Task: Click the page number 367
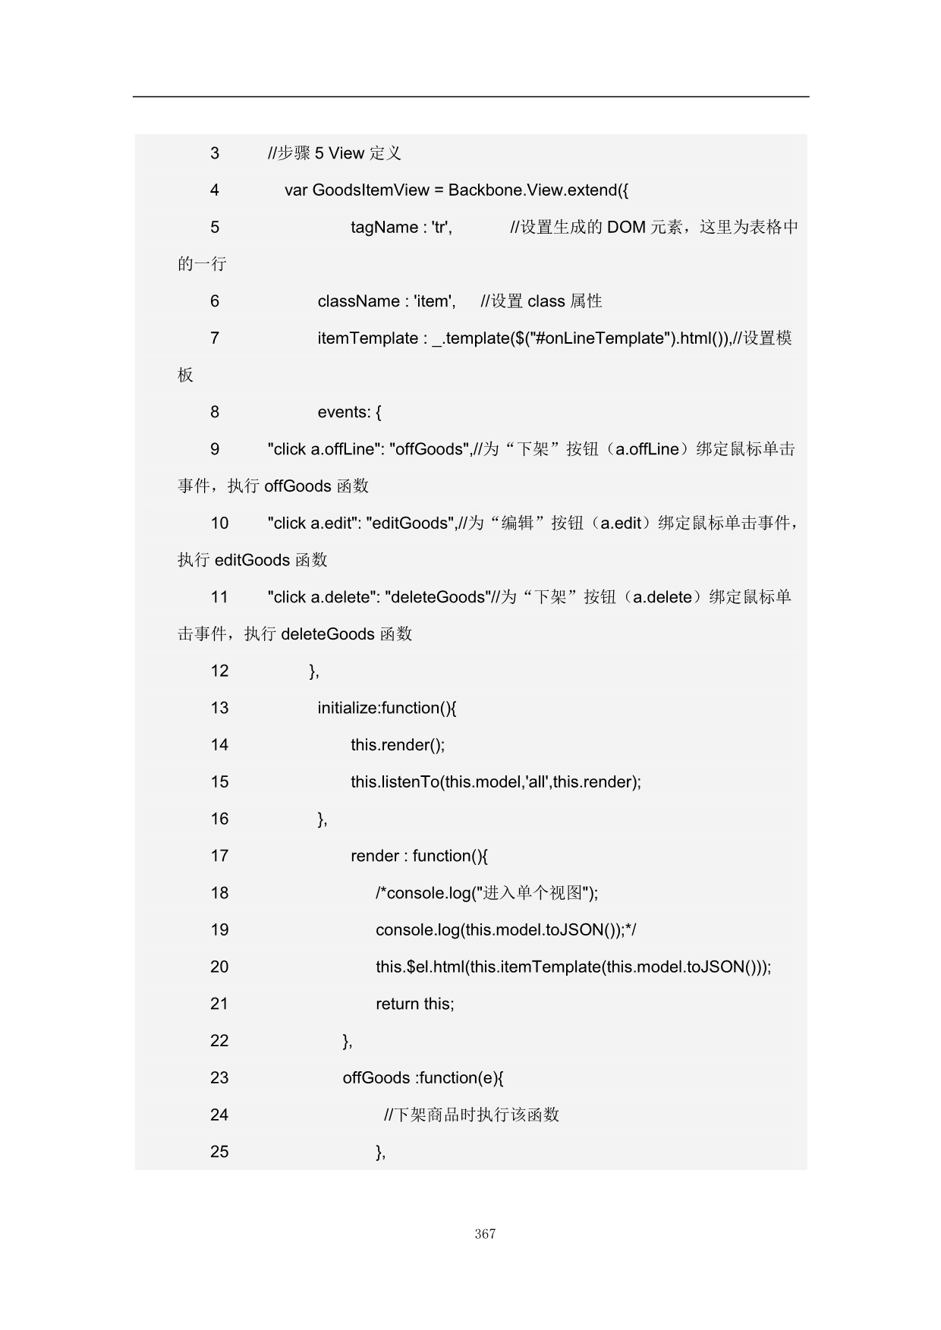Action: click(x=485, y=1234)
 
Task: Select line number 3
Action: click(x=215, y=153)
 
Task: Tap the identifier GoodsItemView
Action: click(x=370, y=190)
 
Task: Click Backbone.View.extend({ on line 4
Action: click(x=538, y=190)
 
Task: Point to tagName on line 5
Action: click(x=384, y=228)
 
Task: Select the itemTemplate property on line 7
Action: click(x=367, y=338)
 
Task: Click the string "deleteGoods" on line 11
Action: click(x=438, y=597)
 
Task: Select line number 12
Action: click(x=219, y=671)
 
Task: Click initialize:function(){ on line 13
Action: click(x=387, y=708)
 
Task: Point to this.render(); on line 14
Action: click(x=398, y=745)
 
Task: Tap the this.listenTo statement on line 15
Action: click(x=496, y=782)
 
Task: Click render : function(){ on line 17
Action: click(x=419, y=856)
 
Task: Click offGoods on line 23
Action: click(x=376, y=1078)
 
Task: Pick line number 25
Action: click(x=219, y=1152)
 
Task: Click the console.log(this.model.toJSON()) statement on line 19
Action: click(x=500, y=930)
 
